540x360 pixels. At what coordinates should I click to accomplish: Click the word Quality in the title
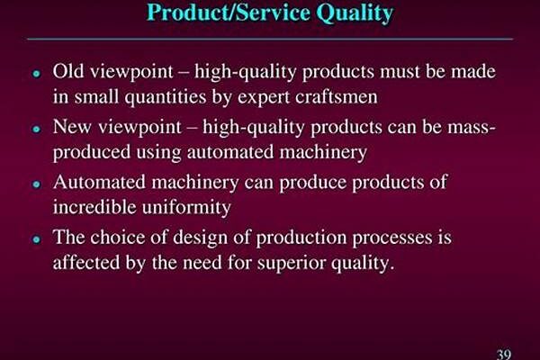[x=355, y=13]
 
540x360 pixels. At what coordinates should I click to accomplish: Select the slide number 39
[x=504, y=354]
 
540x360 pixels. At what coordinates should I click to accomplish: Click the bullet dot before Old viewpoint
[x=37, y=74]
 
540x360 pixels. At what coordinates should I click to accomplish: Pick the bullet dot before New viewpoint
[x=37, y=130]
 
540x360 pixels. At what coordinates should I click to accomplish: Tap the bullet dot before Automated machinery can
[x=37, y=184]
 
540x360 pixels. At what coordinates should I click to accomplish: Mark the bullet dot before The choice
[x=37, y=239]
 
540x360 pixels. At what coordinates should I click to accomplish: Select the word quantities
[x=166, y=97]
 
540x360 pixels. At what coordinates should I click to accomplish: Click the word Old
[x=68, y=71]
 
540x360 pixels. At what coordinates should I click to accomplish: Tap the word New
[x=72, y=127]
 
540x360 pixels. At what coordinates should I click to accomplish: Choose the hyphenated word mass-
[x=472, y=128]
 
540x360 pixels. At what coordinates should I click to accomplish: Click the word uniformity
[x=186, y=208]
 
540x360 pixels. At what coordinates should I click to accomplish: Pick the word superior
[x=292, y=264]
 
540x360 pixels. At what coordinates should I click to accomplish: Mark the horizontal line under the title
[x=270, y=40]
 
